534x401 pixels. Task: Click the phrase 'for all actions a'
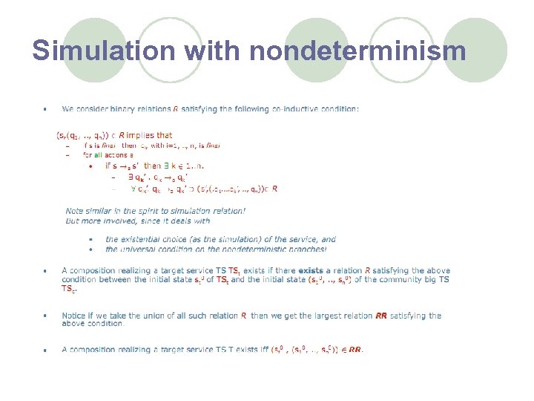coord(108,156)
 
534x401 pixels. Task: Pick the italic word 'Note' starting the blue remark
coord(74,211)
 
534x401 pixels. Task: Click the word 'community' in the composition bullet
coord(398,280)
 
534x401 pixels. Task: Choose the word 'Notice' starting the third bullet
coord(73,316)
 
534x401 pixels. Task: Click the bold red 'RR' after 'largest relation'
coord(381,316)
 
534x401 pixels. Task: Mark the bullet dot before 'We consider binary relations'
coord(45,110)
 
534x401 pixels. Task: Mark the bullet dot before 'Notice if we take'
coord(45,316)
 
